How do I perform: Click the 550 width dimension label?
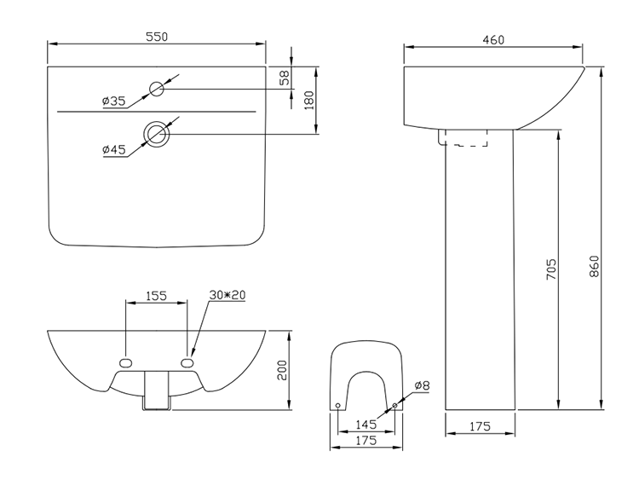[x=156, y=36]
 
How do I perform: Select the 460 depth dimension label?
[x=493, y=39]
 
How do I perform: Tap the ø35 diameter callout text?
[x=113, y=101]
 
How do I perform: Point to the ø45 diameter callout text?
[x=113, y=149]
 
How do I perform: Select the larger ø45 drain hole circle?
[x=158, y=134]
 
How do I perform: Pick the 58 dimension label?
[x=285, y=77]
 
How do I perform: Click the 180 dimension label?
[x=308, y=99]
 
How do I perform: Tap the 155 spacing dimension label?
[x=155, y=296]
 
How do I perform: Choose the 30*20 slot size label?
[x=227, y=295]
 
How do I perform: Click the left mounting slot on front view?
[x=126, y=362]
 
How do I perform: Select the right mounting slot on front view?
[x=188, y=362]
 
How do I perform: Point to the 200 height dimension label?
[x=282, y=368]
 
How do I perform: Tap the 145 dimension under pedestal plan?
[x=366, y=425]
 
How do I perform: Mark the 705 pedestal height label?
[x=551, y=269]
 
